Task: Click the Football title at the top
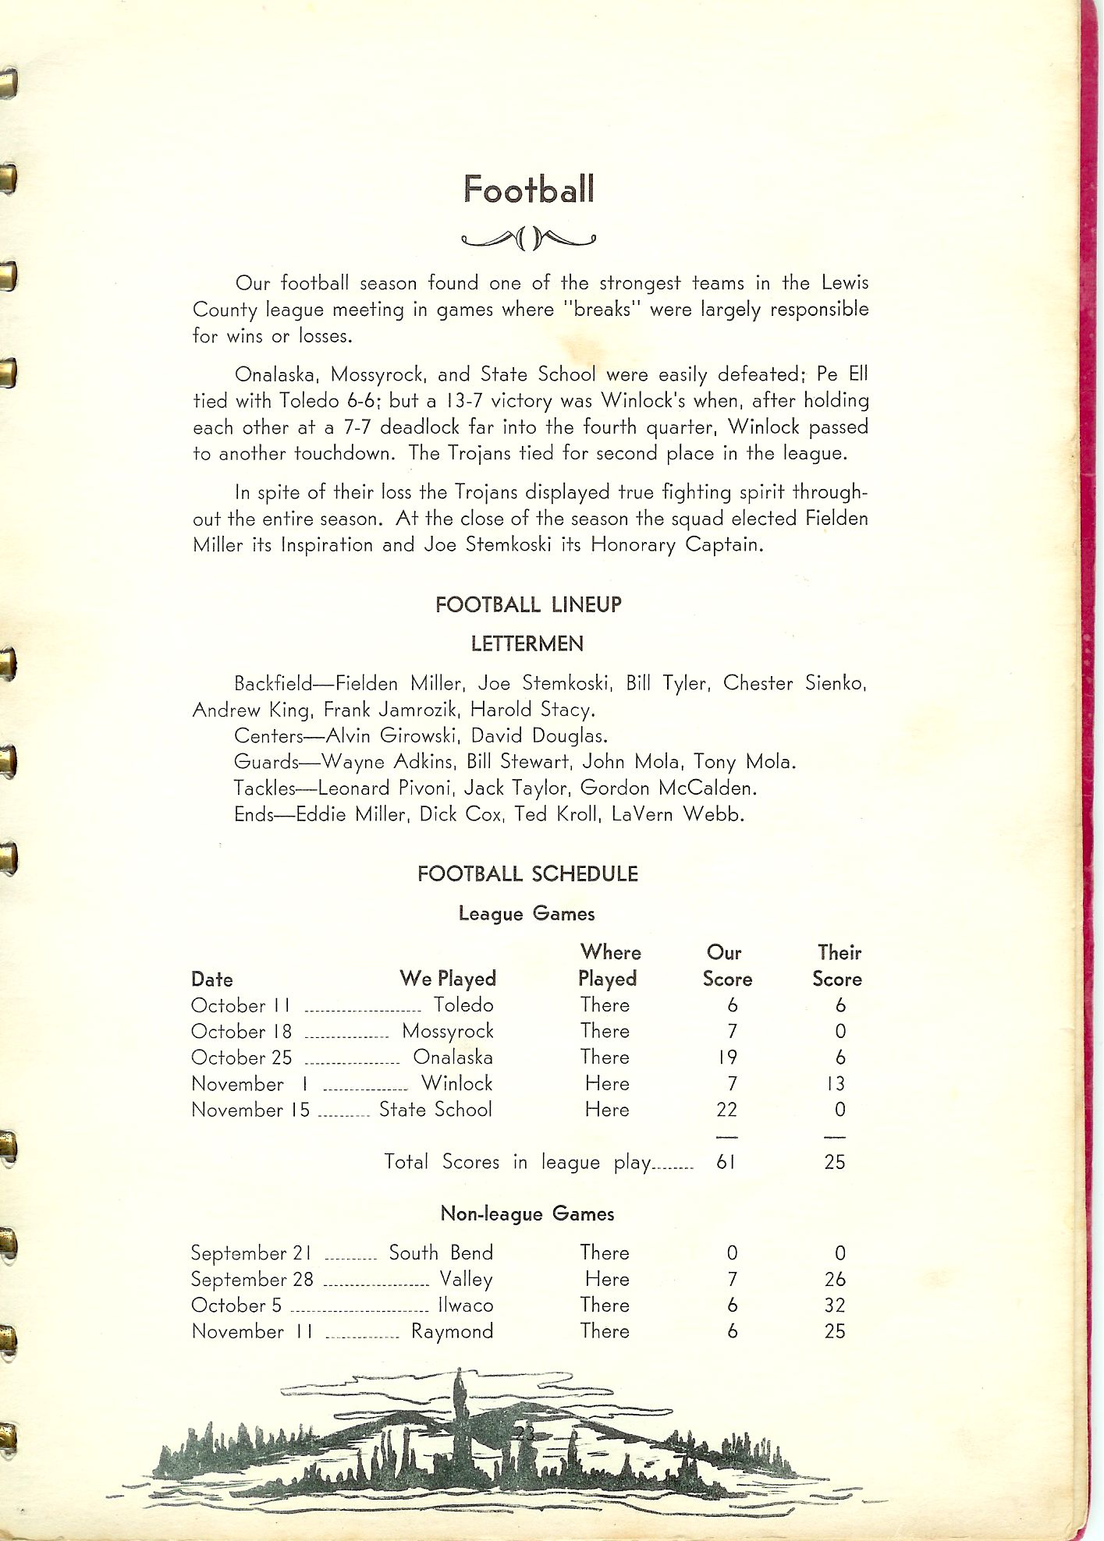coord(529,190)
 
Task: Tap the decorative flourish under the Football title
coord(528,238)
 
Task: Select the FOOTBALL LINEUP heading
coord(528,604)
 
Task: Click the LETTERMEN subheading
coord(527,644)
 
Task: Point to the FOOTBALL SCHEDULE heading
coord(527,874)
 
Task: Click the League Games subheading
coord(527,913)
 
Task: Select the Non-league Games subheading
coord(527,1213)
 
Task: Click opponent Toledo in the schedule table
coord(463,1005)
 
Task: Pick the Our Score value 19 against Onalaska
coord(728,1058)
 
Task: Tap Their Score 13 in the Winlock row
coord(836,1084)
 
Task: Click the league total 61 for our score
coord(726,1162)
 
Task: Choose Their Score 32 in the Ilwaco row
coord(835,1305)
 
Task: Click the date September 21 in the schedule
coord(251,1253)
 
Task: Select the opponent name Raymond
coord(453,1331)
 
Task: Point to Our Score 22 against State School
coord(726,1110)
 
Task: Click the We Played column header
coord(448,979)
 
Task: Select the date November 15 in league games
coord(250,1110)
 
